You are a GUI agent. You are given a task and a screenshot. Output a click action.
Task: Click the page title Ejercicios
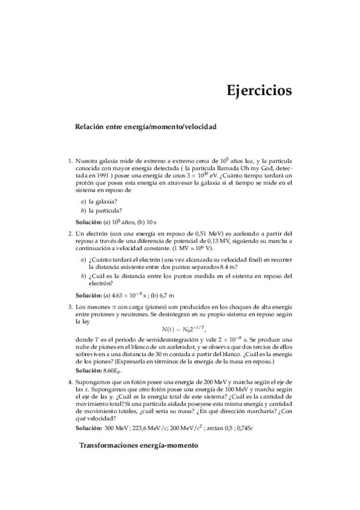259,91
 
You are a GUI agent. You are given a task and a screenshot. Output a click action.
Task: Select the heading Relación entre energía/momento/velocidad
145,127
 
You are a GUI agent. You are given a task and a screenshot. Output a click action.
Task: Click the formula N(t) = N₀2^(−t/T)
184,329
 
